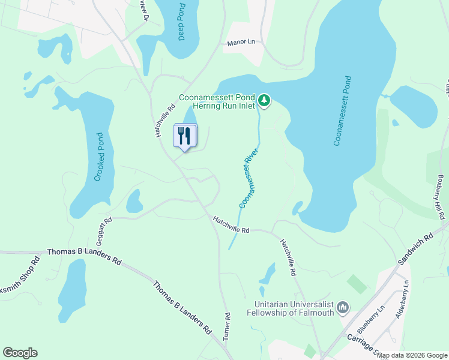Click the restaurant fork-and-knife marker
(x=185, y=136)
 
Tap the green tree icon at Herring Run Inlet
(x=265, y=100)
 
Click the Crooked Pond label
(x=100, y=157)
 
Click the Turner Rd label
(x=227, y=326)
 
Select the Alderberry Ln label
(x=402, y=299)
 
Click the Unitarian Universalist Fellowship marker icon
(x=343, y=308)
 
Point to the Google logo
(x=20, y=353)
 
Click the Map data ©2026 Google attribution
(x=412, y=355)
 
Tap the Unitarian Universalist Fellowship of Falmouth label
(x=291, y=308)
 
